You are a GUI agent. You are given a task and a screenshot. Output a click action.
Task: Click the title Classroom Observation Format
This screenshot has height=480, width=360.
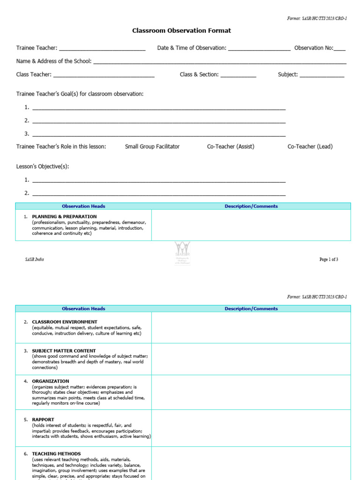tap(181, 31)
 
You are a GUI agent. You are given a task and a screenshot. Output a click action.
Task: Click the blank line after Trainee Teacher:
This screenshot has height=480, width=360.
tap(102, 49)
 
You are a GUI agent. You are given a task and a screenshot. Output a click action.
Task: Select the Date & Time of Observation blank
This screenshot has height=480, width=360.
tap(259, 49)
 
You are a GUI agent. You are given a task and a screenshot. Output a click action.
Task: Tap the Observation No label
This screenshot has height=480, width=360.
tap(313, 48)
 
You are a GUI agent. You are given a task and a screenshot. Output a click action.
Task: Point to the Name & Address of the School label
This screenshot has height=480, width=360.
tap(54, 61)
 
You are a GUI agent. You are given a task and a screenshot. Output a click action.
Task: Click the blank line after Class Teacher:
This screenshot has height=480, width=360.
tap(104, 75)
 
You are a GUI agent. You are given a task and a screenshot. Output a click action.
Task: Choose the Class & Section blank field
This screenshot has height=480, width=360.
tap(238, 75)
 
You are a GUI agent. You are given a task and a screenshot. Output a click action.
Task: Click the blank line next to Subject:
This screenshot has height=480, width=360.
tap(322, 75)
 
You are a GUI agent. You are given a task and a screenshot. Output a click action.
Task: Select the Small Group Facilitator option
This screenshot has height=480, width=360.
tap(152, 147)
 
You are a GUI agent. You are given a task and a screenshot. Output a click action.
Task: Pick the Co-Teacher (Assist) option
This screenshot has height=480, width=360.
tap(231, 147)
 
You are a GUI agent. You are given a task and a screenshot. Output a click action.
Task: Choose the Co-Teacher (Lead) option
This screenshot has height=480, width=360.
tap(310, 147)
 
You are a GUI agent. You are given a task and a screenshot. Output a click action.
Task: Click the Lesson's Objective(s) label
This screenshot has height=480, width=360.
tap(43, 166)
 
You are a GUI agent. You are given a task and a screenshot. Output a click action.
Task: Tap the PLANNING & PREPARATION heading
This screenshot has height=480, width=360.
tap(64, 217)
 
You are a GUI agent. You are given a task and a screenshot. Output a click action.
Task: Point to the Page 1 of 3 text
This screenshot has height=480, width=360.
tap(329, 260)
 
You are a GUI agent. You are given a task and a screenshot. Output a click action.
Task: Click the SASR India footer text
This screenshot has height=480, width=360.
tap(34, 260)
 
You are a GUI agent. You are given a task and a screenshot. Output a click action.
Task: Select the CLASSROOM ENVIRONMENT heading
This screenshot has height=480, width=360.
tap(65, 322)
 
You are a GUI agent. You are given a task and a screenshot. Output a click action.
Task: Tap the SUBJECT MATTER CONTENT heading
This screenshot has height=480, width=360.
tap(64, 351)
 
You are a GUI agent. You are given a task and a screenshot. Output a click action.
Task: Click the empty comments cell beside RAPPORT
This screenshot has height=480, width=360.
tap(251, 428)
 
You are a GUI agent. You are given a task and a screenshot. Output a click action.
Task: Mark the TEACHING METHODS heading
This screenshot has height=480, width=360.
tap(56, 454)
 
